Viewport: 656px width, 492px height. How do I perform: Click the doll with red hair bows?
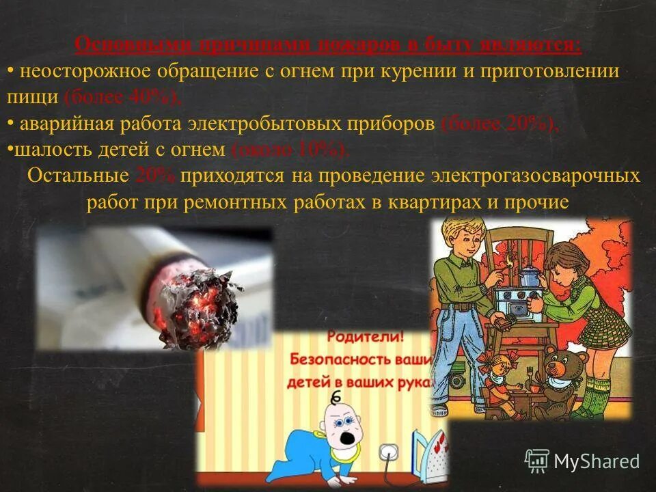point(491,372)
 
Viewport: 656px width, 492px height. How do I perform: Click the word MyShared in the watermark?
point(597,461)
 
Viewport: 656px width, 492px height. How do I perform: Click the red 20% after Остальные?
point(155,176)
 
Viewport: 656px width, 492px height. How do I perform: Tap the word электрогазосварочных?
point(536,176)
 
